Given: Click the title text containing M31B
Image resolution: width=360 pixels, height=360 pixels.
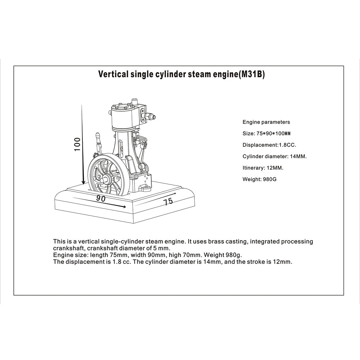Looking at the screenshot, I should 182,74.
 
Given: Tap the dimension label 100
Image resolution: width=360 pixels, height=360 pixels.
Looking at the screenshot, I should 77,144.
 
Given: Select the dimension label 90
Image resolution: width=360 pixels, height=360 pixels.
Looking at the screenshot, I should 101,198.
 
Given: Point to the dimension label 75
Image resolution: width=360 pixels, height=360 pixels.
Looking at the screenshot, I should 168,201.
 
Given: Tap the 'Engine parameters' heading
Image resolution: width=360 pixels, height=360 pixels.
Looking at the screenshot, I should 266,122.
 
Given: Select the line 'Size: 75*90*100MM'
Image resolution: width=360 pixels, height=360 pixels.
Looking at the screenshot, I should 266,134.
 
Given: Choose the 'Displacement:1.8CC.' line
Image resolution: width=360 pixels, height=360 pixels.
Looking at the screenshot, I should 269,145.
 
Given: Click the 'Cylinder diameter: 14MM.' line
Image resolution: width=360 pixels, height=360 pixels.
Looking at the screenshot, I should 274,156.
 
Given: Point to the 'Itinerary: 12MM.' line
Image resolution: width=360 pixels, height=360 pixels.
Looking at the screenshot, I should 263,168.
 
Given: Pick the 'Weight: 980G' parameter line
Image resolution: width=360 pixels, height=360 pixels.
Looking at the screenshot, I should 259,179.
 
